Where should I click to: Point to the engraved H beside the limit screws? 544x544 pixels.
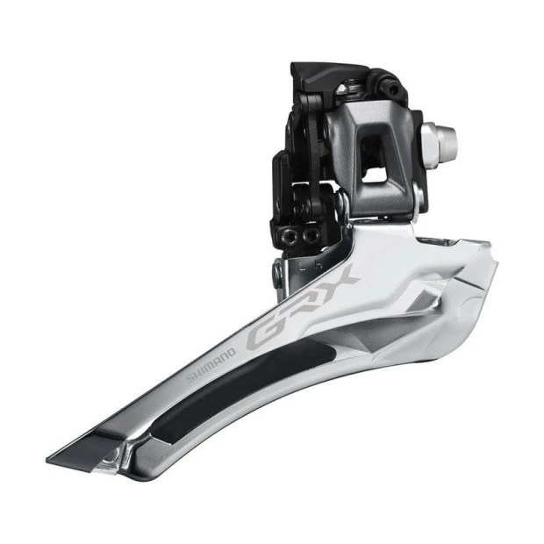coord(313,261)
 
